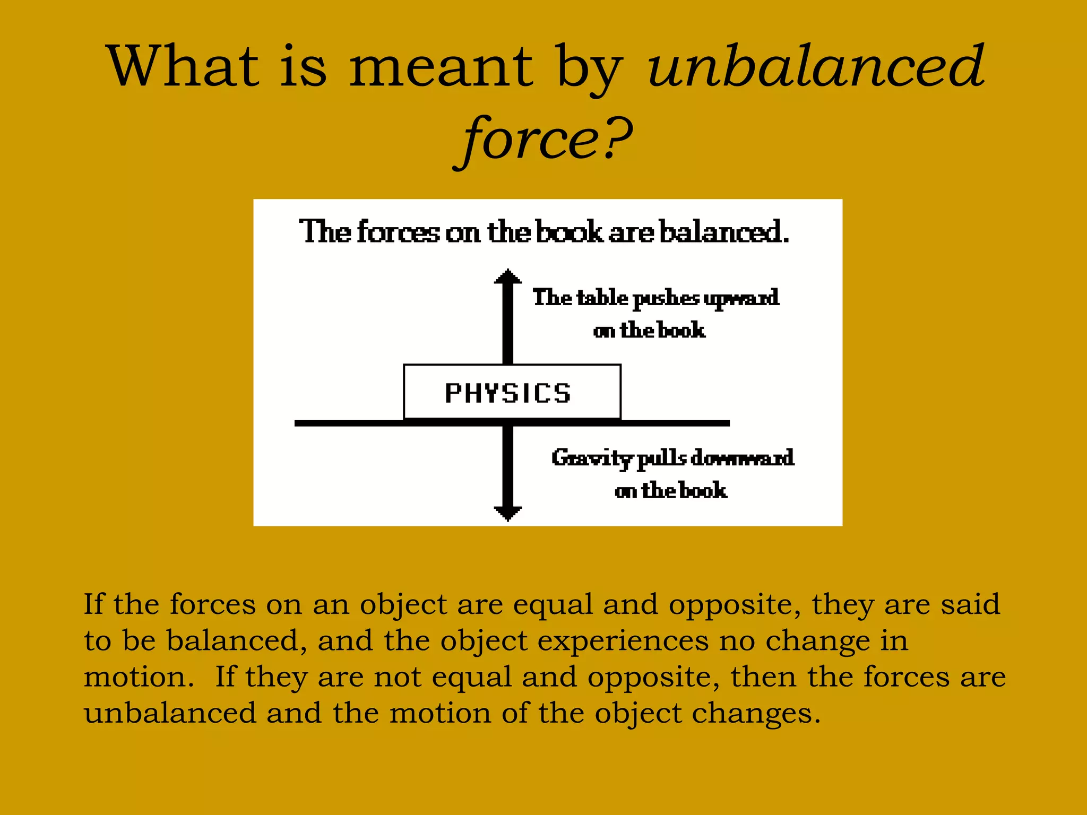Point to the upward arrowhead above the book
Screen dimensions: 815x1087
(508, 277)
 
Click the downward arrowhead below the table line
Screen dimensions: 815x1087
(508, 513)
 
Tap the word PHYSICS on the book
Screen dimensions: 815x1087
(508, 393)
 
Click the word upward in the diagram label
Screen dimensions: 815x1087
(741, 299)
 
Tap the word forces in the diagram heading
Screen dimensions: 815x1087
(398, 232)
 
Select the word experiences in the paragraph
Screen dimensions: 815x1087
(623, 640)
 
